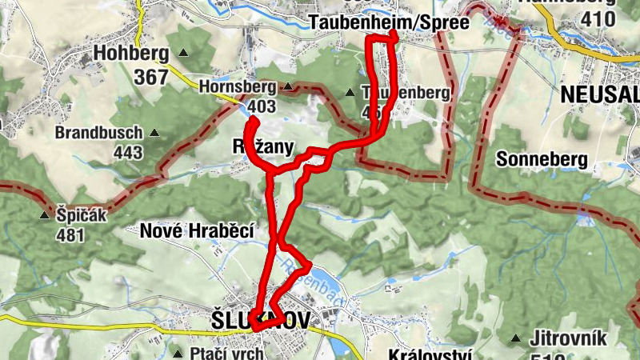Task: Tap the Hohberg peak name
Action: coord(131,54)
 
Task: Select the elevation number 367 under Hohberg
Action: coord(151,77)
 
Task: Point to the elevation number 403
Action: coord(261,106)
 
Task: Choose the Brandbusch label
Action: coord(99,133)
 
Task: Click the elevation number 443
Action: coord(128,152)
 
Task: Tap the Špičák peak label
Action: coord(82,215)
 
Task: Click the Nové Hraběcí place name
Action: coord(197,232)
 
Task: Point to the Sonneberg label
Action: coord(542,159)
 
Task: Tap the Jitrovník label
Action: coord(570,338)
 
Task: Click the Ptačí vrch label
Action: coord(228,353)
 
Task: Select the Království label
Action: coord(430,354)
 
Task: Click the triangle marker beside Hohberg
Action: coord(184,54)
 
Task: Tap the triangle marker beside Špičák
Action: coord(44,215)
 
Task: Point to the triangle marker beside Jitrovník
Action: coord(517,338)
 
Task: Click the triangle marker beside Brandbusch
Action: coord(154,133)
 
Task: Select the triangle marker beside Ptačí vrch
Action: coord(177,353)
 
